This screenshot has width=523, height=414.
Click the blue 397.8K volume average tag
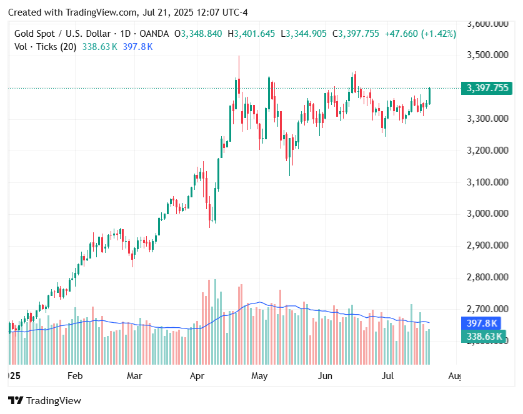tap(482, 323)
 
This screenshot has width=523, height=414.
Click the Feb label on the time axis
tap(74, 376)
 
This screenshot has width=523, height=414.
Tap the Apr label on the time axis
tap(197, 376)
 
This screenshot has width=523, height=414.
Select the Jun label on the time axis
tap(325, 376)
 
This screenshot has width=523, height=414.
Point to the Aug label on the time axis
tap(455, 376)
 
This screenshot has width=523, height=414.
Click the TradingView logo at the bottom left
tap(44, 400)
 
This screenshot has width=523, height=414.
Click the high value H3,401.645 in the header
tap(251, 34)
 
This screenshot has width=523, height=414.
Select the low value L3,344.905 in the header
tap(303, 34)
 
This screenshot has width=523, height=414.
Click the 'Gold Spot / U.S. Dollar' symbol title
tap(62, 34)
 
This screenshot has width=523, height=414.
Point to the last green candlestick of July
tap(429, 96)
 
